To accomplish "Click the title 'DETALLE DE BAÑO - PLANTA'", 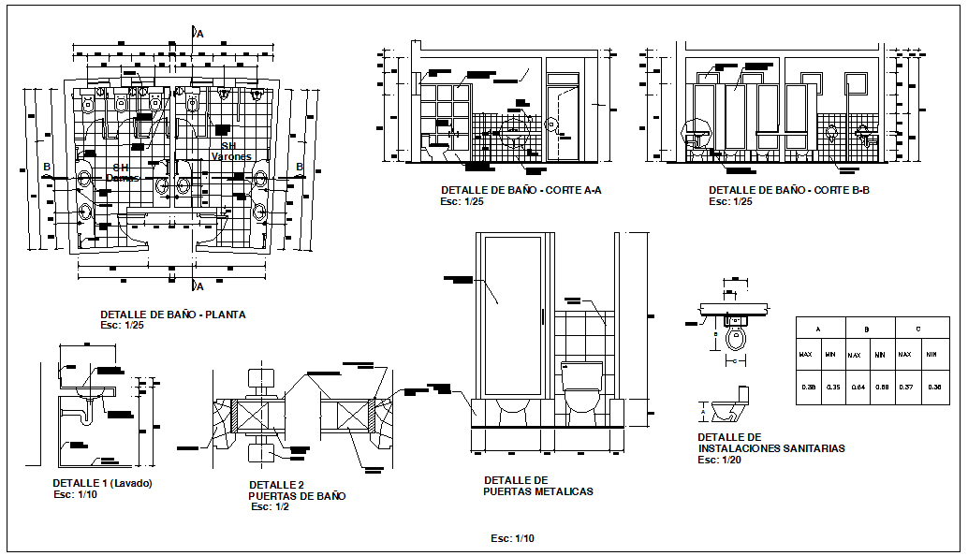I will (x=172, y=315).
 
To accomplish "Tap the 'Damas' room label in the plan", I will (x=122, y=177).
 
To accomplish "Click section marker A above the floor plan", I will (x=199, y=34).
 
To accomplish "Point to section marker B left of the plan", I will (x=45, y=168).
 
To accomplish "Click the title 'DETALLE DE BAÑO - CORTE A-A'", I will (x=521, y=190).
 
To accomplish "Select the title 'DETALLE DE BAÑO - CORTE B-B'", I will (x=789, y=190).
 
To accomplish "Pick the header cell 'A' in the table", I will (x=819, y=329).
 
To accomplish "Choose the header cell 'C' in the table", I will (x=917, y=329).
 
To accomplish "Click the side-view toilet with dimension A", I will (x=731, y=410).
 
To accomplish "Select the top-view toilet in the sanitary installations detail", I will (x=737, y=338).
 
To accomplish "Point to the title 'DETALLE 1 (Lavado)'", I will (x=102, y=483).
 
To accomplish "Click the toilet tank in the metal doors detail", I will (x=581, y=376).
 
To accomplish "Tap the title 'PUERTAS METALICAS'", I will (x=537, y=491).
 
